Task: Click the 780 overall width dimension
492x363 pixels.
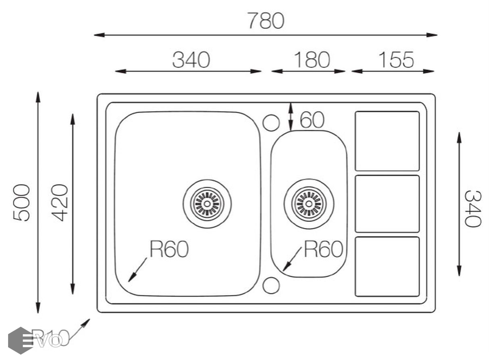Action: point(266,21)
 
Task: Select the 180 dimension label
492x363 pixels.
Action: point(311,60)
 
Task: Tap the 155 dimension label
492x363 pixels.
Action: point(396,60)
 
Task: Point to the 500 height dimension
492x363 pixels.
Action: point(22,202)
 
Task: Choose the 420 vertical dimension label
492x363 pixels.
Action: point(60,202)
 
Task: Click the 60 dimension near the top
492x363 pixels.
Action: point(312,120)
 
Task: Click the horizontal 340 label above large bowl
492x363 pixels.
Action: point(191,60)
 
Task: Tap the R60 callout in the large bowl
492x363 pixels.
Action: point(169,249)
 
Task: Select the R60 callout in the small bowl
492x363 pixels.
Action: point(323,249)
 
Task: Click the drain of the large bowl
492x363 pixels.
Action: point(207,203)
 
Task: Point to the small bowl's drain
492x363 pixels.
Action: point(309,203)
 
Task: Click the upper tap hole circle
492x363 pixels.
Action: point(271,123)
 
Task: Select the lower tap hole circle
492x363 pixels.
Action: point(271,285)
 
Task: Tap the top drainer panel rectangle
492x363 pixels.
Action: point(387,141)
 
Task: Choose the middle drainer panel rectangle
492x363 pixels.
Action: point(387,204)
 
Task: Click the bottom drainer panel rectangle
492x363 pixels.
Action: point(387,267)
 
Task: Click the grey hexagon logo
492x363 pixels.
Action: point(20,340)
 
